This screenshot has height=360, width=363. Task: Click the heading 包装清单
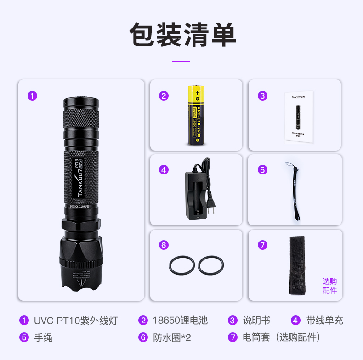pyautogui.click(x=182, y=35)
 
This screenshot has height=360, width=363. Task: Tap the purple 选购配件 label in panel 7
pyautogui.click(x=329, y=286)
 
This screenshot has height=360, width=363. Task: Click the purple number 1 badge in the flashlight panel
pyautogui.click(x=32, y=96)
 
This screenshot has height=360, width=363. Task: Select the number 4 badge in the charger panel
pyautogui.click(x=164, y=169)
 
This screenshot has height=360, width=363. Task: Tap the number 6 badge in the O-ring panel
pyautogui.click(x=164, y=245)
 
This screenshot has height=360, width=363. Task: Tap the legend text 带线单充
pyautogui.click(x=324, y=321)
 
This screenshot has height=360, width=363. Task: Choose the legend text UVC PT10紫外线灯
pyautogui.click(x=75, y=321)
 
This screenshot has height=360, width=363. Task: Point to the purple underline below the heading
pyautogui.click(x=181, y=61)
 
